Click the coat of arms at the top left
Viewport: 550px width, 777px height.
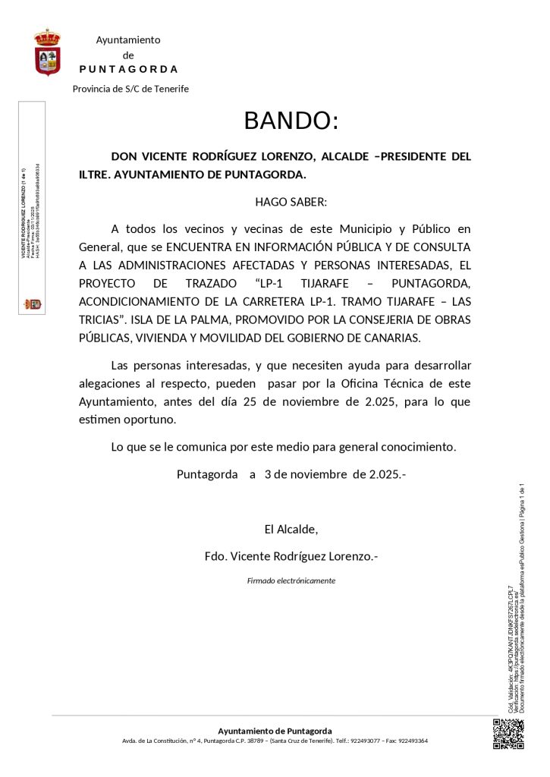point(48,52)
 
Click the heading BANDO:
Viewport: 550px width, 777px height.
point(291,121)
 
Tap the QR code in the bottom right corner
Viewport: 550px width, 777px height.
point(508,734)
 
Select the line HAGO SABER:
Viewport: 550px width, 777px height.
point(291,203)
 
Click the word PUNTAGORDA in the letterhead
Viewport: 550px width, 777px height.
point(129,69)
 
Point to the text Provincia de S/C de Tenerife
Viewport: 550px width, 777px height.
point(130,89)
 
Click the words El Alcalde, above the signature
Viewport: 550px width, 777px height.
point(291,529)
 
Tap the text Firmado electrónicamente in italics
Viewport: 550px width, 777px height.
point(291,580)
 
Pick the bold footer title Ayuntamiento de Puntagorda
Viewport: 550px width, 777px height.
point(275,731)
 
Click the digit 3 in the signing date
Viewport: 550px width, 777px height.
point(268,475)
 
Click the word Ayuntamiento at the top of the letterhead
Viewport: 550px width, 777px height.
point(128,40)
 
